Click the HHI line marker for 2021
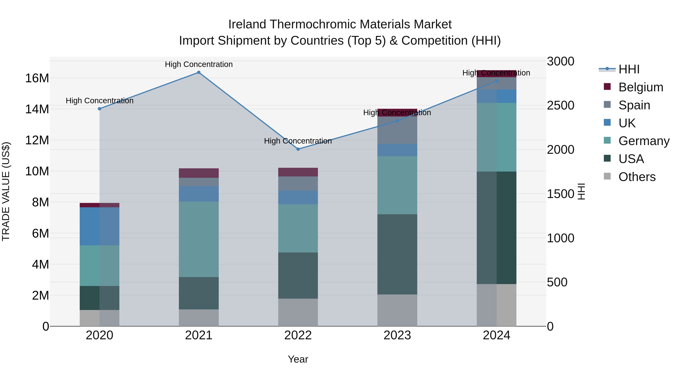coord(199,72)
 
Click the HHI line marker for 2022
coord(298,149)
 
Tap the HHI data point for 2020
coord(100,109)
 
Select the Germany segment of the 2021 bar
coord(199,239)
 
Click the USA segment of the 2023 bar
coord(397,254)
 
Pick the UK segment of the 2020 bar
coord(100,226)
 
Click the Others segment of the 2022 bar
coord(298,312)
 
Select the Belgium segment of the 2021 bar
coord(199,173)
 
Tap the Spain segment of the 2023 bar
coord(397,130)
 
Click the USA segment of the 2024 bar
coord(497,228)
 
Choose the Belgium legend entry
coord(641,87)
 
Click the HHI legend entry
coord(629,69)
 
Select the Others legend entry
coord(637,177)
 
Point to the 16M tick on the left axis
coord(37,78)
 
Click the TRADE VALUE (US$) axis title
coord(6,191)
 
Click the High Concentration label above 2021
coord(199,64)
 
